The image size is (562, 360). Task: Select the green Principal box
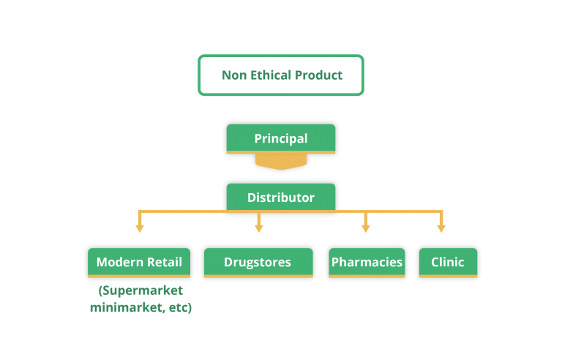point(281,139)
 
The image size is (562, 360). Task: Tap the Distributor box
point(281,198)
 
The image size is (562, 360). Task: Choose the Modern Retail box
point(139,263)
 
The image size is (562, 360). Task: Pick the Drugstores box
point(258,263)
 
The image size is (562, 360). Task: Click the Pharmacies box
point(367,263)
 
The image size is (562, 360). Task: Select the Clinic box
point(448,263)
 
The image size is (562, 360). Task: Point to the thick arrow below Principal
point(281,162)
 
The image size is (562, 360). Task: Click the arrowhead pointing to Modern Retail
point(140,229)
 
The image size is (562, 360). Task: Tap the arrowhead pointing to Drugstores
point(259,229)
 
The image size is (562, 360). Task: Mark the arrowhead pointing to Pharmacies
point(366,229)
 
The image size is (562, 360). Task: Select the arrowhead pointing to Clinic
point(441,229)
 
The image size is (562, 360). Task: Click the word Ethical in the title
point(271,75)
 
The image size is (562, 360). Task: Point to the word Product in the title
point(318,75)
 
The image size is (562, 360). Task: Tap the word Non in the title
point(234,75)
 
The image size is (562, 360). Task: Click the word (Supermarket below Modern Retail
point(140,290)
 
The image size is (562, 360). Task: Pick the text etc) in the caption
point(180,307)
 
